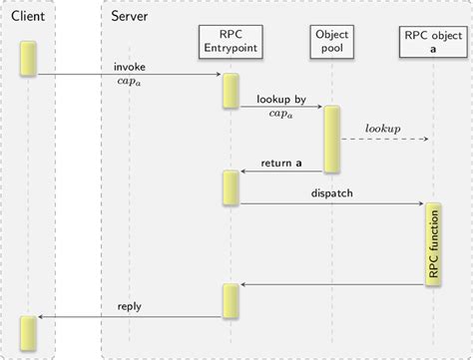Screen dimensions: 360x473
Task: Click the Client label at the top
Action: coord(27,17)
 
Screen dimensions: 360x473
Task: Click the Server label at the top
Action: coord(132,17)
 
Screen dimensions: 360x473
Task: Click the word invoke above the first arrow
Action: coord(130,66)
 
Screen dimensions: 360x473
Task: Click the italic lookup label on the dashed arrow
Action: coord(382,129)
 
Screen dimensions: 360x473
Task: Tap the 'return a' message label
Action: coord(282,164)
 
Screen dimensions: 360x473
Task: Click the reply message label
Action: coord(130,306)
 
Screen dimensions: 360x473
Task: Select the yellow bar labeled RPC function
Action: coord(433,245)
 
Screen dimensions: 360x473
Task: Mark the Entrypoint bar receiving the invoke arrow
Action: coord(231,90)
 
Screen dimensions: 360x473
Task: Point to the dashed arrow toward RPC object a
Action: coord(384,140)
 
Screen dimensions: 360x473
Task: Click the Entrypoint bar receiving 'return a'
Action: coord(231,186)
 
